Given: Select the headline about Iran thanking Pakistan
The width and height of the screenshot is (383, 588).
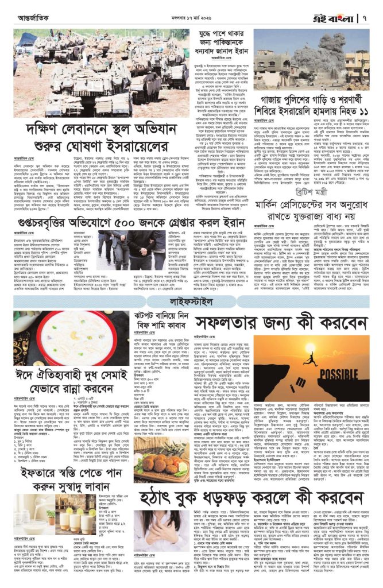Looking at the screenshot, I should [212, 42].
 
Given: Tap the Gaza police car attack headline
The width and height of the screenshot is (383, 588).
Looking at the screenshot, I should [312, 107].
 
